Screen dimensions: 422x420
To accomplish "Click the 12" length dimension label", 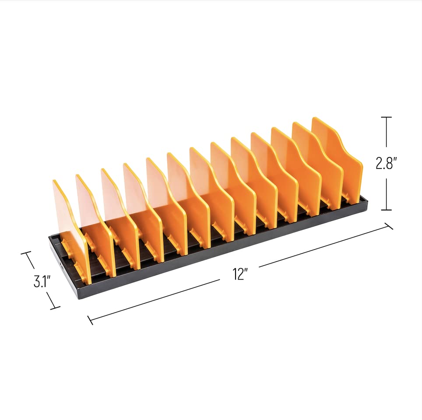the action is point(240,274).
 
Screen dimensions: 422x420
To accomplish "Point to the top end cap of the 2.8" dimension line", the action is point(387,117).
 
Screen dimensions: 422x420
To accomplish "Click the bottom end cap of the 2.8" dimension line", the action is point(387,210).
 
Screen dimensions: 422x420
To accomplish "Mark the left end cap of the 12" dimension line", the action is point(90,320).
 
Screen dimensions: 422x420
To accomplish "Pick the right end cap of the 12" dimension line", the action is point(389,226).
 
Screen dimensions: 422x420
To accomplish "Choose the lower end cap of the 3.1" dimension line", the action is point(55,308).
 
